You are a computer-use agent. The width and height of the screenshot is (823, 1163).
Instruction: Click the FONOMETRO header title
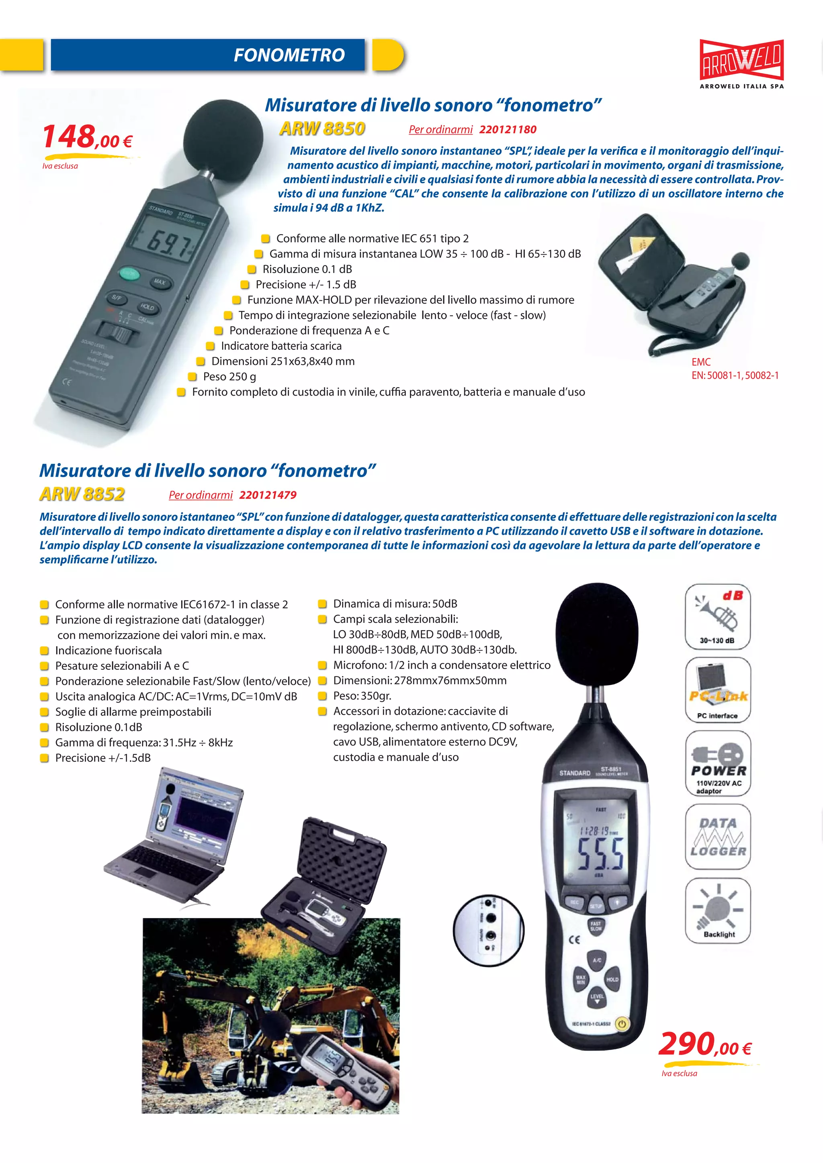[x=289, y=55]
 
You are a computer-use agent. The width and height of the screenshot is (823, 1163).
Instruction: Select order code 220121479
[x=268, y=495]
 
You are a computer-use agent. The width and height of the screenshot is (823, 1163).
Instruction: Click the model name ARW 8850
[x=322, y=129]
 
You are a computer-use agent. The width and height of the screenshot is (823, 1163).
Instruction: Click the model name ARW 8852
[x=82, y=494]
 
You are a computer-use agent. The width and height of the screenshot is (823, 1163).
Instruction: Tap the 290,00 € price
[x=704, y=1045]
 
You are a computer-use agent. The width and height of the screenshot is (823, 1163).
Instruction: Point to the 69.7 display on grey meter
[x=167, y=243]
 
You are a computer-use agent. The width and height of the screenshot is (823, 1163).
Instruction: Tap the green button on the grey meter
[x=129, y=274]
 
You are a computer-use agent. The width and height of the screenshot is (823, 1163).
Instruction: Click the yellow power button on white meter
[x=622, y=1024]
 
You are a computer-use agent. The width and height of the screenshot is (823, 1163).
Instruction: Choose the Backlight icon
[x=718, y=910]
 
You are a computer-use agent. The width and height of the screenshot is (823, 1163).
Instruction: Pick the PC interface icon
[x=718, y=690]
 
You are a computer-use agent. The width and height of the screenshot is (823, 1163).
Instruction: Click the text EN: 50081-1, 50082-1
[x=735, y=375]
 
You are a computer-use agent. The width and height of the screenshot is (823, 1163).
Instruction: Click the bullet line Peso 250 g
[x=229, y=377]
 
